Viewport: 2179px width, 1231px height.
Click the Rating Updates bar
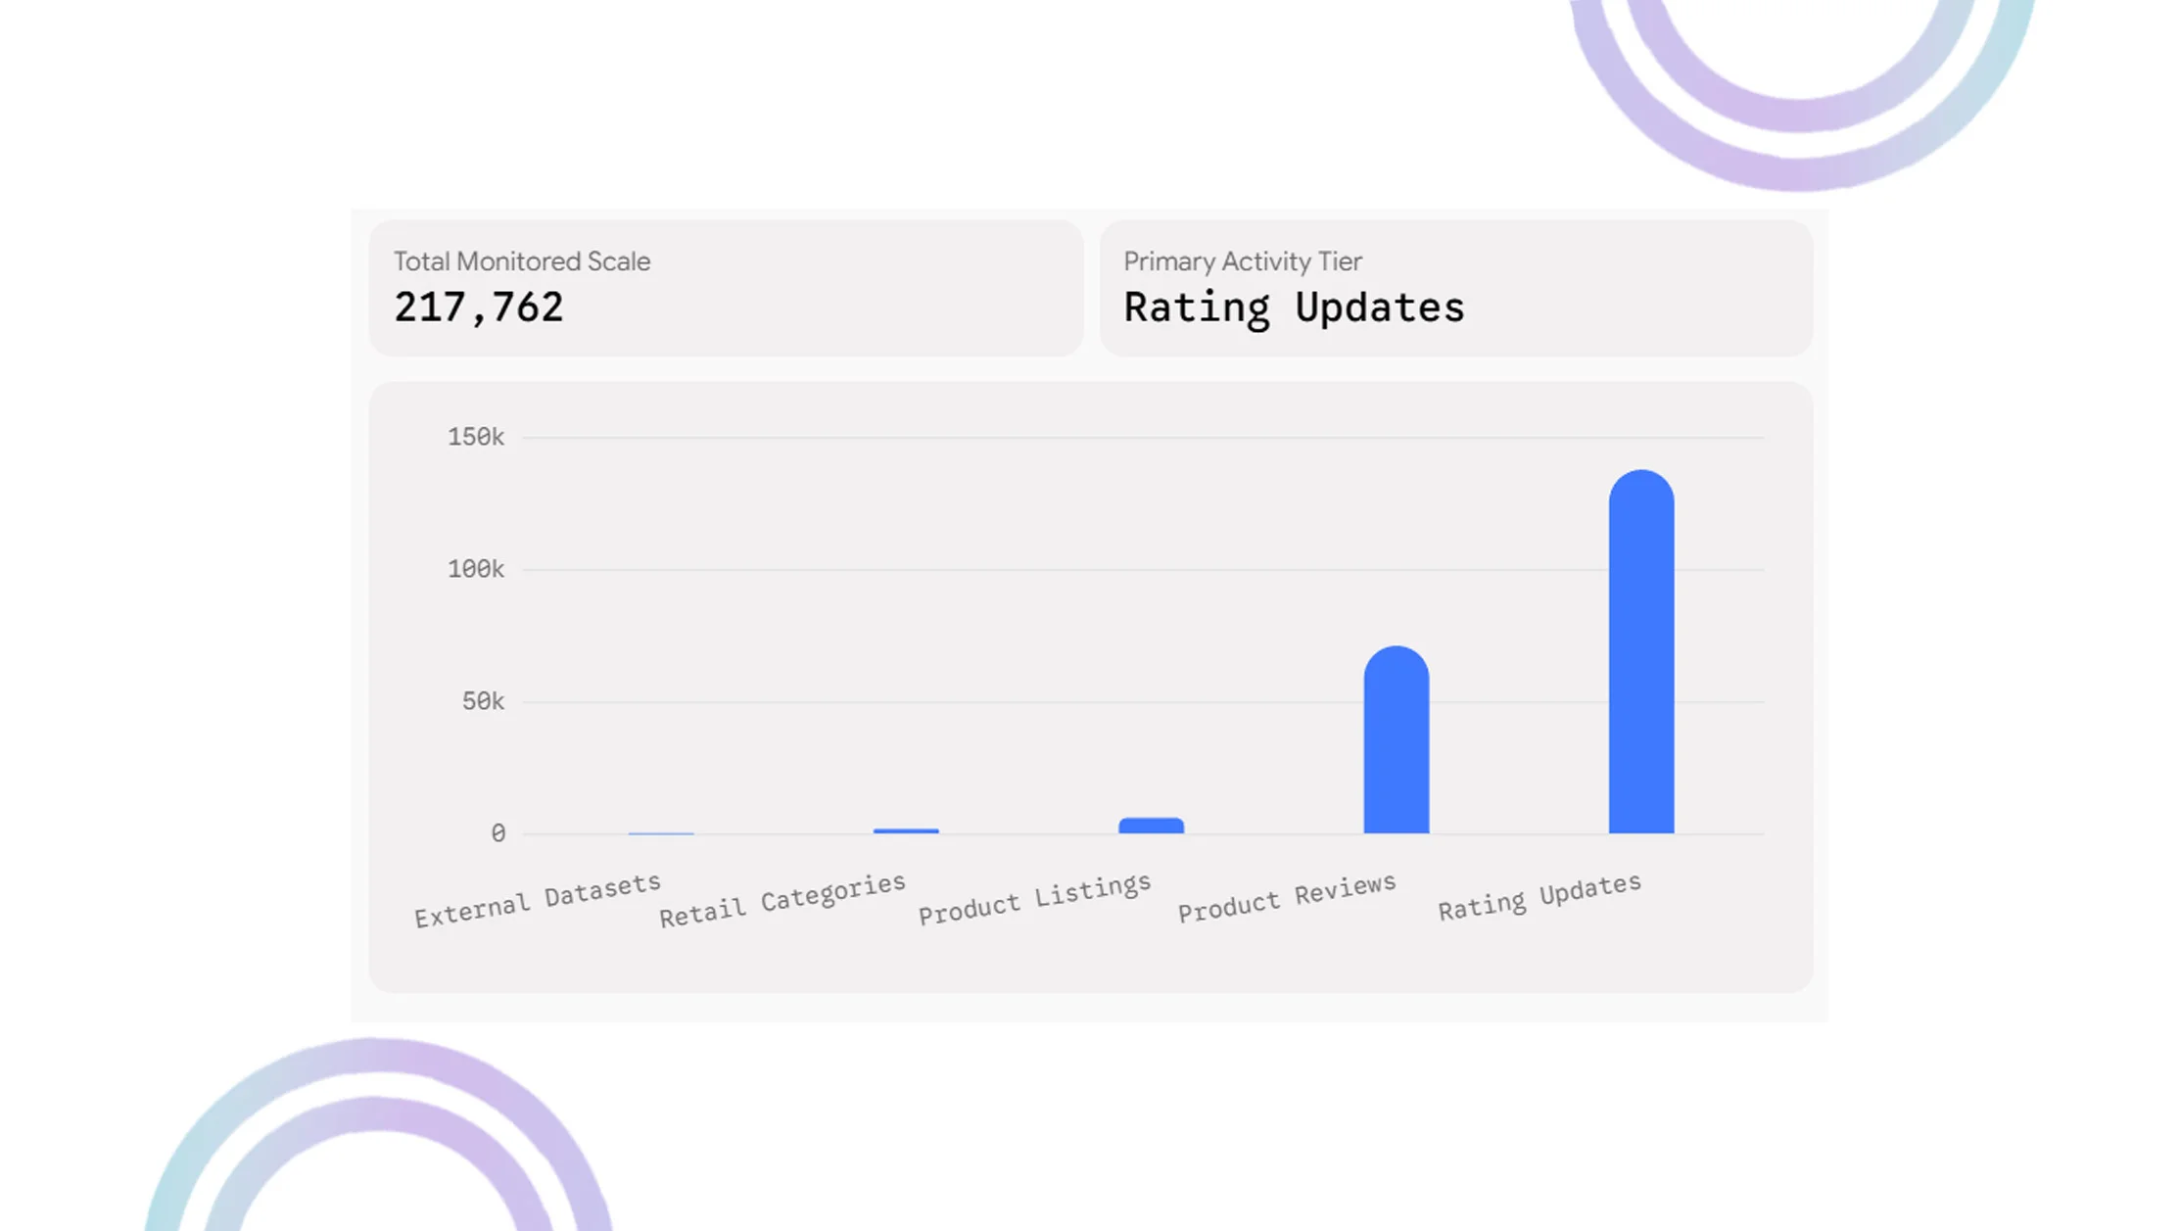coord(1641,651)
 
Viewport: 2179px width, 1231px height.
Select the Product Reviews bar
coord(1397,739)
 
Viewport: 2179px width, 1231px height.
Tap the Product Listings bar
coord(1152,826)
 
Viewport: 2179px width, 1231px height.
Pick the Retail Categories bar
coord(906,831)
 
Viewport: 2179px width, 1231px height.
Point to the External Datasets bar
coord(661,833)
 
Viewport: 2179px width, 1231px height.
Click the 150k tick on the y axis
coord(476,437)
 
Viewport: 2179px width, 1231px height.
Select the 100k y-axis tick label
coord(476,569)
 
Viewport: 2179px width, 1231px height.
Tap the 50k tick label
coord(484,701)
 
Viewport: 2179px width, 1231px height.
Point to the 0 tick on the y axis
coord(498,833)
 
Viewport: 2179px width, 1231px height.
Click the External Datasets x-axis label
coord(538,900)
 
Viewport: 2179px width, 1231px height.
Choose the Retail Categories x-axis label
coord(782,900)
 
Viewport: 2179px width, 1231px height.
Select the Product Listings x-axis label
coord(1035,898)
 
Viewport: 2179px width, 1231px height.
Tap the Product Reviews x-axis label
coord(1287,898)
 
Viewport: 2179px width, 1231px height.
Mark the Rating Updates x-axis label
coord(1540,896)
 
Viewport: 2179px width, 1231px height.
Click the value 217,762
coord(479,308)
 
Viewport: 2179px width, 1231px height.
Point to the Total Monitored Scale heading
coord(522,261)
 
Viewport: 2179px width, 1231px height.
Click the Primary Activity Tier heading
coord(1243,261)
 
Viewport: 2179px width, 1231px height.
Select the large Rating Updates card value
coord(1294,308)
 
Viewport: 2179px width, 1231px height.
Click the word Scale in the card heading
coord(619,261)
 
